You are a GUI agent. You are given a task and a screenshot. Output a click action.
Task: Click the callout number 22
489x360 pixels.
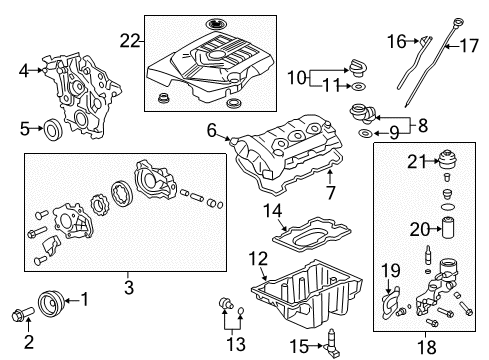click(128, 41)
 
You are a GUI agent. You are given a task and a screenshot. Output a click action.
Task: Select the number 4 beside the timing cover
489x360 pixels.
click(24, 70)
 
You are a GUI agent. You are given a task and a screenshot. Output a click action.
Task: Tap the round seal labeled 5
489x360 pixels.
click(55, 127)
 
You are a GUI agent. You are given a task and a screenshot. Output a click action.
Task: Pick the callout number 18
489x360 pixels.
click(427, 346)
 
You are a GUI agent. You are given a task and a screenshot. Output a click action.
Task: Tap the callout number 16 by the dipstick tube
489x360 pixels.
click(397, 41)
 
